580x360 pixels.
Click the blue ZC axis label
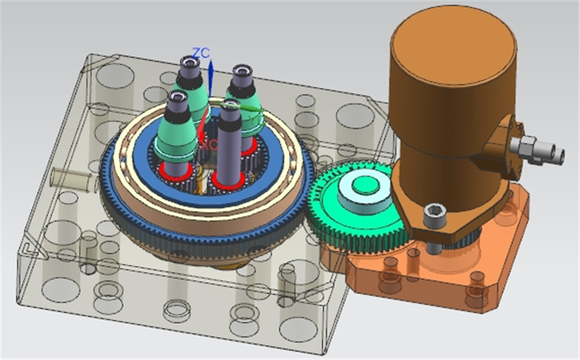click(x=201, y=52)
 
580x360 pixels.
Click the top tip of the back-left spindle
click(x=189, y=62)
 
